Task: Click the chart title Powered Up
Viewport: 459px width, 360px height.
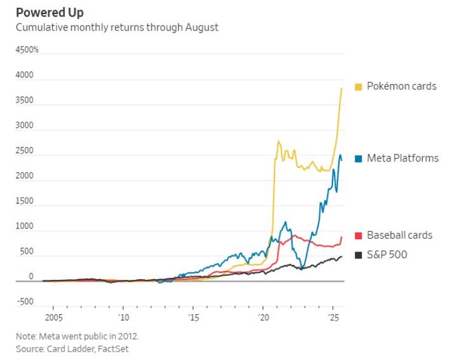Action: click(x=50, y=13)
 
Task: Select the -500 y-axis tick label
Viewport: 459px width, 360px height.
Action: click(x=25, y=302)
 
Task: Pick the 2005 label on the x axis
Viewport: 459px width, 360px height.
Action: click(x=53, y=317)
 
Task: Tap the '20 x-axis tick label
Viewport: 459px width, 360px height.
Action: click(x=263, y=317)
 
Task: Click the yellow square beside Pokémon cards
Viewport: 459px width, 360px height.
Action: click(x=359, y=87)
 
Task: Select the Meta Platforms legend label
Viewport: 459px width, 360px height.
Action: click(x=402, y=158)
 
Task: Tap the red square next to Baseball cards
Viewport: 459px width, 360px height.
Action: click(x=359, y=236)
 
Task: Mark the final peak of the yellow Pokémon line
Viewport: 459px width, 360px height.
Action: click(x=342, y=88)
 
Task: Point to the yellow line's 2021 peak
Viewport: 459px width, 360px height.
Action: click(x=278, y=141)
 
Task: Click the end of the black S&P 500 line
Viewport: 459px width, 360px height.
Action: click(x=342, y=256)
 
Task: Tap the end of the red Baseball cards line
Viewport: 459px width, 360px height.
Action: click(x=342, y=237)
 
